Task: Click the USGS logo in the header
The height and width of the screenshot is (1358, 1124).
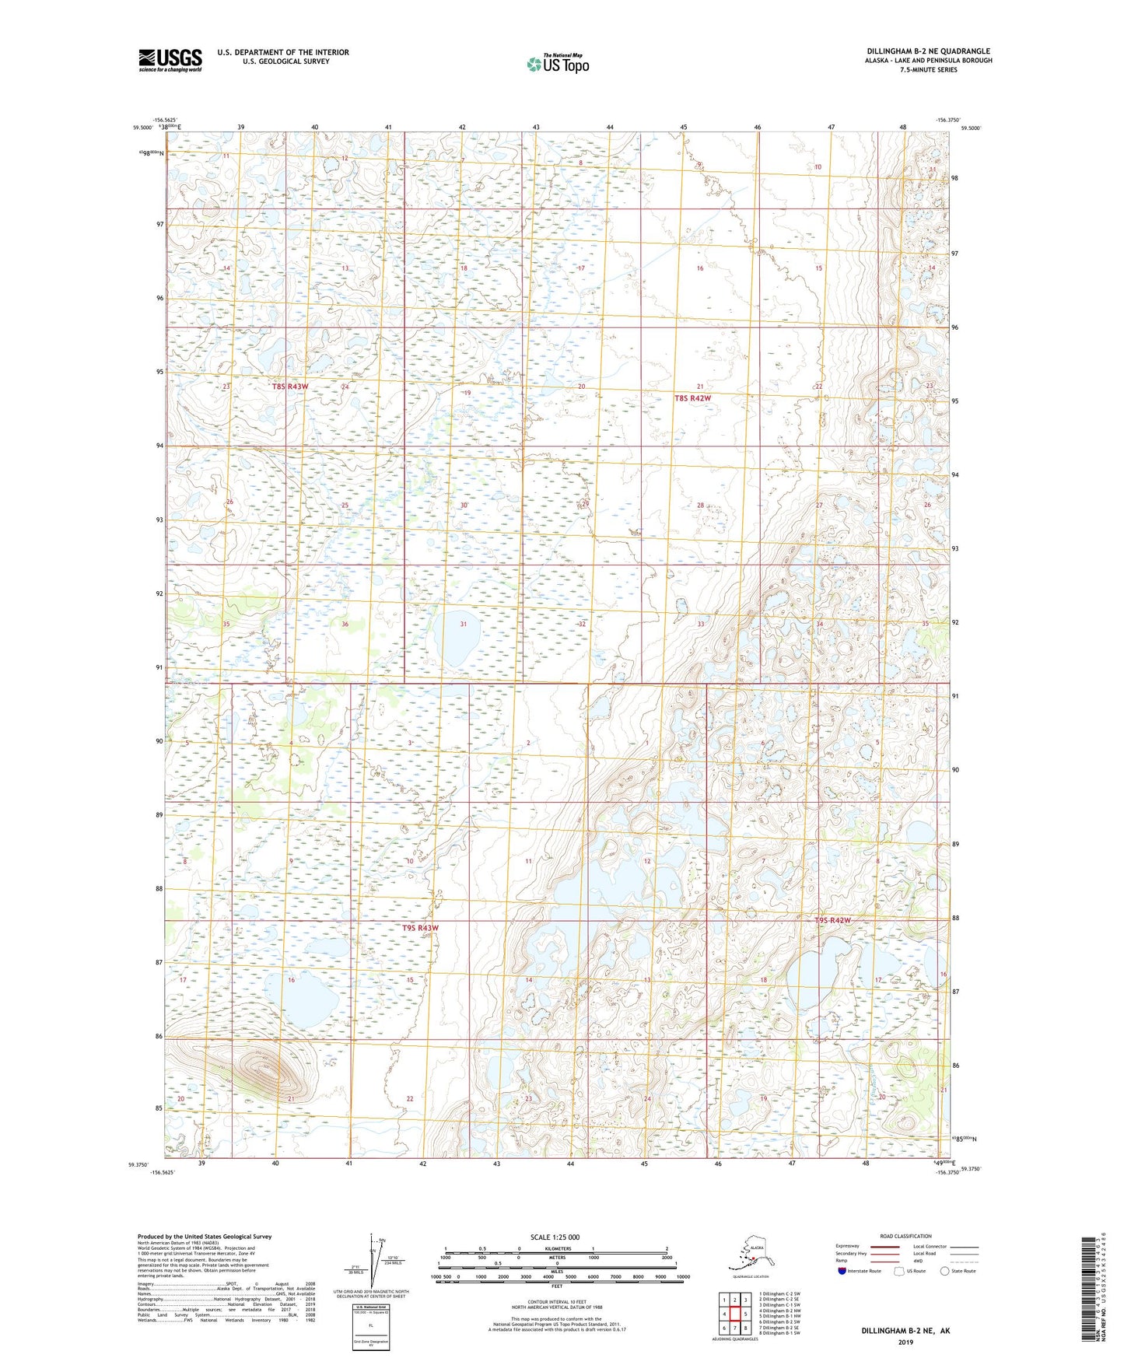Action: (170, 59)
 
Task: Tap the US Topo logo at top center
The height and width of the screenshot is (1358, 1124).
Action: (557, 64)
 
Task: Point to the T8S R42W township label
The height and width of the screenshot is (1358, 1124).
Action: (692, 398)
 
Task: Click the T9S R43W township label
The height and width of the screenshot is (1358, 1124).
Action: (420, 928)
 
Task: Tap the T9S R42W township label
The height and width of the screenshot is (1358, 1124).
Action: (832, 921)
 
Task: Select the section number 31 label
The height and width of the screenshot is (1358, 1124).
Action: (464, 624)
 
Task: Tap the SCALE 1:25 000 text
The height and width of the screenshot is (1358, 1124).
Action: (555, 1237)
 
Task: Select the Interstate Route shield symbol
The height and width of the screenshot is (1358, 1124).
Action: (842, 1271)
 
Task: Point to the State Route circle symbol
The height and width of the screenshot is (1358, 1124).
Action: (945, 1271)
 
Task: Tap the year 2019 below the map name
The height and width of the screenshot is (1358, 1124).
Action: (905, 1342)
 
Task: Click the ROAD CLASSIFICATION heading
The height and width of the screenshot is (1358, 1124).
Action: (905, 1236)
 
